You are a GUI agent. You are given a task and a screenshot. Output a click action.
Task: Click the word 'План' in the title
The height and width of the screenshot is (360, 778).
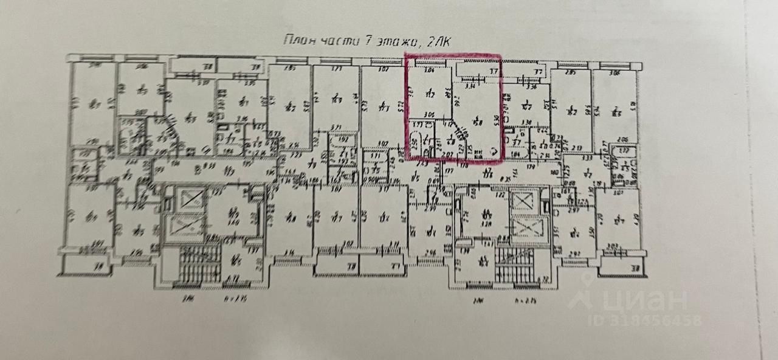point(298,41)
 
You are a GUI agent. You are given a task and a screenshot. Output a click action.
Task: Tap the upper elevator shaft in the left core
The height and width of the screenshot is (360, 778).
point(187,199)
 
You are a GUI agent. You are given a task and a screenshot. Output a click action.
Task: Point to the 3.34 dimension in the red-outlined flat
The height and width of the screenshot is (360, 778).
point(469,86)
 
